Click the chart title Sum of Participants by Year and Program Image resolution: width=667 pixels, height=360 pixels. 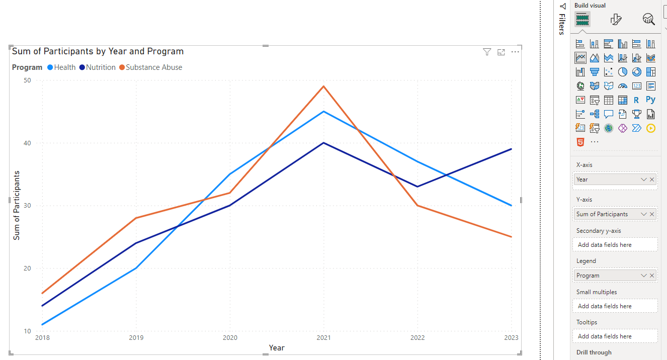tap(98, 51)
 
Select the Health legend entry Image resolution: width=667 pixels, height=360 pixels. tap(64, 67)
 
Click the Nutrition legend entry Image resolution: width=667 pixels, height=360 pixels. tap(101, 67)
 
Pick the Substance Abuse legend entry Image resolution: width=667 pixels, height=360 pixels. tap(154, 67)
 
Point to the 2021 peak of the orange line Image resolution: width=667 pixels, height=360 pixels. tap(324, 86)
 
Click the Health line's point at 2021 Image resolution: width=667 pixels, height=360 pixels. tap(324, 111)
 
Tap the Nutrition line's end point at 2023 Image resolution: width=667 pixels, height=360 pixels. tap(512, 149)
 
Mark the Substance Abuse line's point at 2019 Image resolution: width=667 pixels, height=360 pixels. tap(136, 218)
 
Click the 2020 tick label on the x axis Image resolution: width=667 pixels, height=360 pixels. tap(230, 338)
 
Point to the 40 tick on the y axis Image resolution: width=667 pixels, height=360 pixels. tap(27, 143)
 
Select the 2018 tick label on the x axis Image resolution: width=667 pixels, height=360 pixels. tap(42, 338)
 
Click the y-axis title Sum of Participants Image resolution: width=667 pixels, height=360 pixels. tap(17, 206)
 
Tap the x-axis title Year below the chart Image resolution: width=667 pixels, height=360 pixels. tap(277, 348)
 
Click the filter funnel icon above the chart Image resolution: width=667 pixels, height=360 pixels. tap(487, 52)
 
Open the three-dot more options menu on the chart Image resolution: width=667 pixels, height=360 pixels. tap(515, 52)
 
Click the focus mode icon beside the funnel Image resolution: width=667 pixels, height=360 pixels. tap(501, 52)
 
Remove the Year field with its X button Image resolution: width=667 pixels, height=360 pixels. tap(652, 179)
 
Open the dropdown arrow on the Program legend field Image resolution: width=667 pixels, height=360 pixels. tap(643, 276)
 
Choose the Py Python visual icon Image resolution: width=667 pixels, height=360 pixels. tap(651, 100)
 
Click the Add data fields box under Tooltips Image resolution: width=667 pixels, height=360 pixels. tap(615, 336)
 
